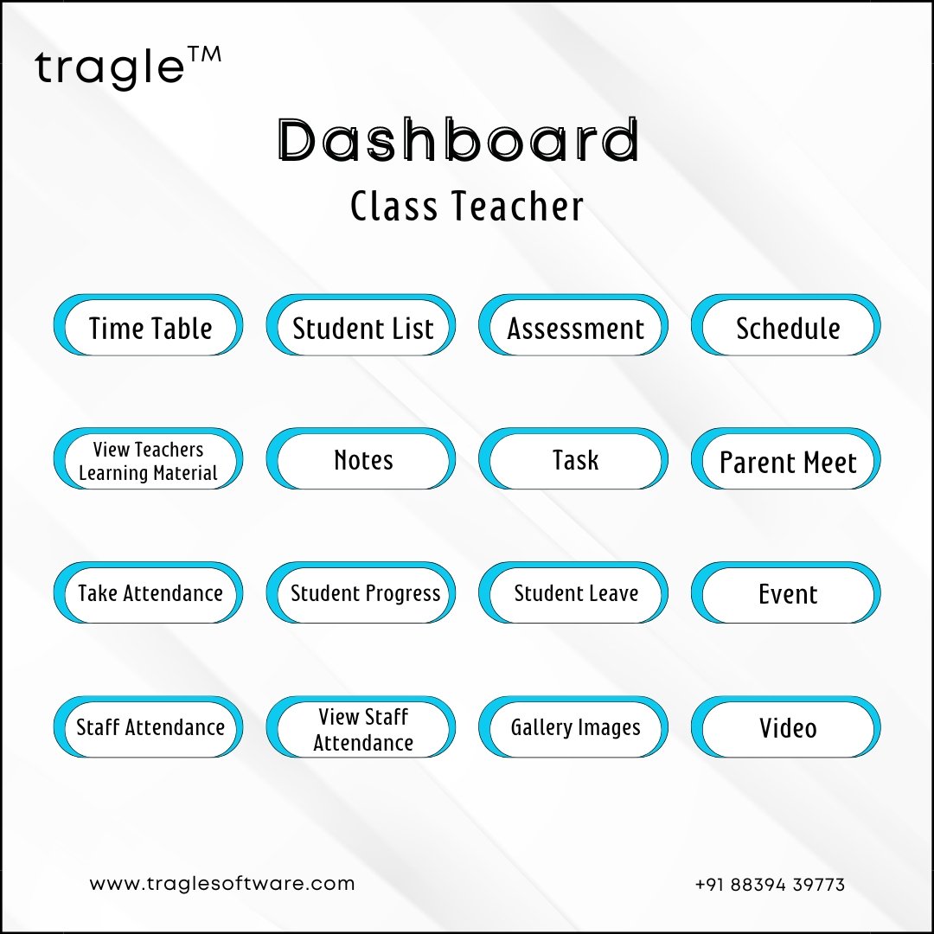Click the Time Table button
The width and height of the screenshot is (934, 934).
pos(149,325)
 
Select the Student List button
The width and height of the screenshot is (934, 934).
pos(361,325)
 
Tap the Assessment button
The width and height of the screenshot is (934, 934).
pos(573,325)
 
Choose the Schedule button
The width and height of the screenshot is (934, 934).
pos(785,325)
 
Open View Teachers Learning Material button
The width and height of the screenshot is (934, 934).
pos(149,458)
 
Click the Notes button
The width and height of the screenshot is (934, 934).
pos(361,458)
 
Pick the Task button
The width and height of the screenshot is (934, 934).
pos(573,458)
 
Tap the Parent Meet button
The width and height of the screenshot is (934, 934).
pos(785,458)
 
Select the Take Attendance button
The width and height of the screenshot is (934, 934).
pos(149,592)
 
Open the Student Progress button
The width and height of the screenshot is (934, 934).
pos(361,592)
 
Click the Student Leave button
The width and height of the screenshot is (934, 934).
pos(573,592)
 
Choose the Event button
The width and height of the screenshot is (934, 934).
pos(785,592)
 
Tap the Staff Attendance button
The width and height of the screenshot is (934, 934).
pos(149,726)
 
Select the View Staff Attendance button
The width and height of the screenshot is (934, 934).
pos(361,726)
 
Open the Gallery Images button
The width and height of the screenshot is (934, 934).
pos(573,726)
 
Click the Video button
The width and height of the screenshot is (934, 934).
pos(785,726)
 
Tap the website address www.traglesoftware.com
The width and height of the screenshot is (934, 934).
pos(222,883)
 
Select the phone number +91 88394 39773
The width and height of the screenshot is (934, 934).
pos(770,885)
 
